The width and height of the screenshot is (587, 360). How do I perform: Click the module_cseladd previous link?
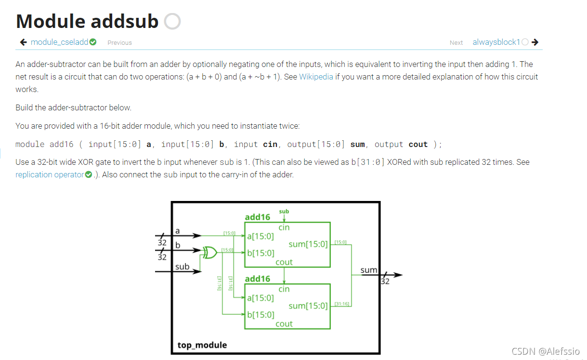coord(59,42)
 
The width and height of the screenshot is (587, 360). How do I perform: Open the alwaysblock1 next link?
coord(496,42)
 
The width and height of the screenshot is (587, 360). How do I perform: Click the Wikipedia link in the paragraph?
coord(316,77)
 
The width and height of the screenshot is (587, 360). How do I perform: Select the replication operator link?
coord(49,174)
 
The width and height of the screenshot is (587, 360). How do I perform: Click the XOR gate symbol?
coord(209,252)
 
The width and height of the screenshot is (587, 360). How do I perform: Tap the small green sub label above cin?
coord(284,211)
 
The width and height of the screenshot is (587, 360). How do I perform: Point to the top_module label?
coord(202,345)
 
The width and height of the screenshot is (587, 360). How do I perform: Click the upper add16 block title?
coord(258,217)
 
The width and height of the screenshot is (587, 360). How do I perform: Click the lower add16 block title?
coord(258,279)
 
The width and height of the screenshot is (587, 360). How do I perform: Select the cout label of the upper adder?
coord(284,262)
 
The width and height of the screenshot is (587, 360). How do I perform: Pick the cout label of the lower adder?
coord(284,324)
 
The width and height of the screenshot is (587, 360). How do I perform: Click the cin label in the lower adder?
coord(284,289)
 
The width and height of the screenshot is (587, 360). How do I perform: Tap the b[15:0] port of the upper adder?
coord(261,253)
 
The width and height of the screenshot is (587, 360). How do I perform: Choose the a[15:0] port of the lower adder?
coord(261,298)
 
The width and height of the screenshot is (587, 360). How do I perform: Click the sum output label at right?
coord(369,270)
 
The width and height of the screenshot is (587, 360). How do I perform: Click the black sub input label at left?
coord(183,267)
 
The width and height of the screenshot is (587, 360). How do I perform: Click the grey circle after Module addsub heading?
coord(172,21)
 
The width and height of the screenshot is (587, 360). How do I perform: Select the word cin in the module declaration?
coord(270,144)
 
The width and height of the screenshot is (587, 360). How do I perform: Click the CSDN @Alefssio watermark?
coord(545,351)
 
